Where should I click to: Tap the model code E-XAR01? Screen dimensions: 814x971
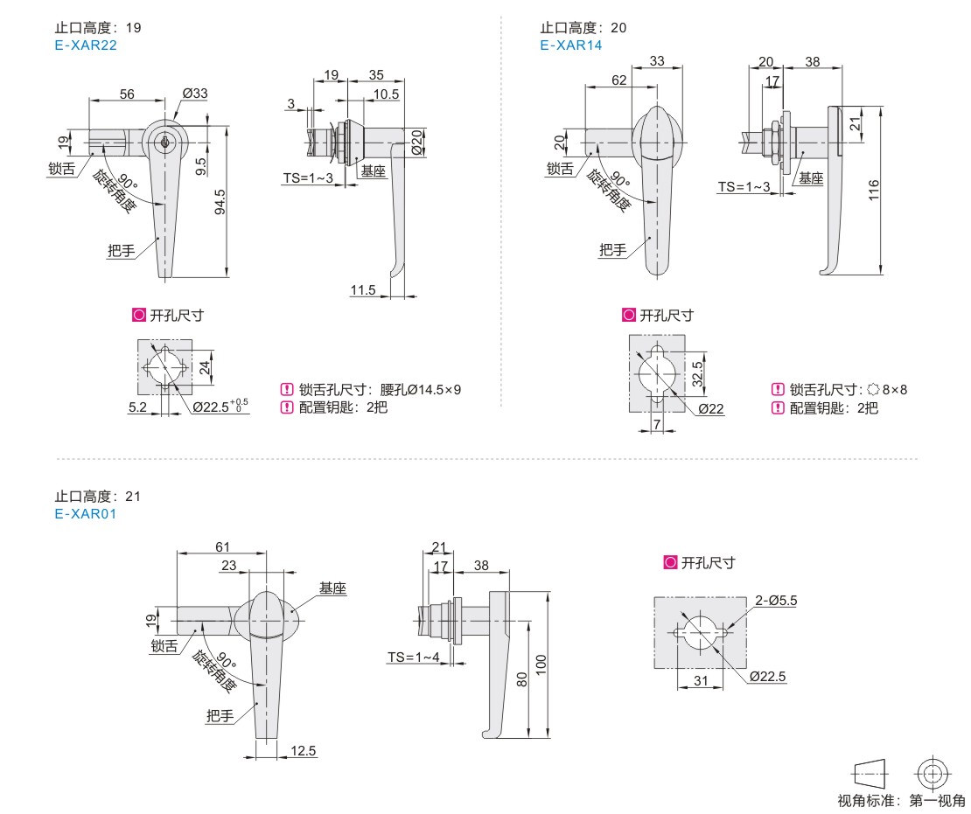[x=85, y=514]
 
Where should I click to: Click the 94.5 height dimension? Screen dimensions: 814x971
[x=220, y=202]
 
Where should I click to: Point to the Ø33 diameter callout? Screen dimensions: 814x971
[x=194, y=94]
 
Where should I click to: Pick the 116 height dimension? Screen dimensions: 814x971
[x=873, y=190]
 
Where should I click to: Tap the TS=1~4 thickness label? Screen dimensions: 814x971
[x=414, y=657]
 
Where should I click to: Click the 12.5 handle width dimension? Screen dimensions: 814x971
[x=304, y=750]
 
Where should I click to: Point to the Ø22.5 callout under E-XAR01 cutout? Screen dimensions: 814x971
[x=768, y=676]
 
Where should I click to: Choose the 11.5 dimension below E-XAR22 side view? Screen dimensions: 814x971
[x=362, y=289]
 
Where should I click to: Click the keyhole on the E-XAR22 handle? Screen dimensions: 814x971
[x=164, y=141]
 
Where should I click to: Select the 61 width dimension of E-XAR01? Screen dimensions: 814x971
[x=223, y=546]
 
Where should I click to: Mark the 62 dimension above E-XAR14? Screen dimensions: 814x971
[x=618, y=80]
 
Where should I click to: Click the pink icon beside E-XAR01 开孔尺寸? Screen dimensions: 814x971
[x=670, y=563]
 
